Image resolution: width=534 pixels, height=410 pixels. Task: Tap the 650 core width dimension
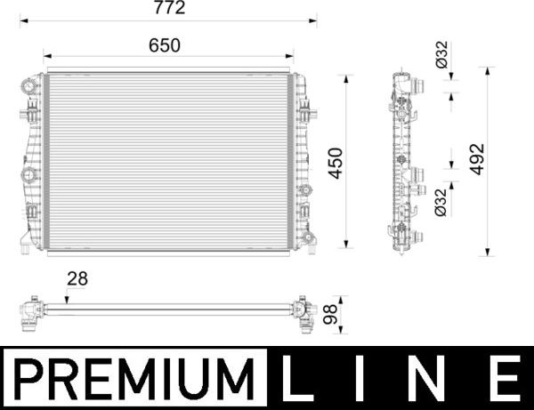click(x=165, y=44)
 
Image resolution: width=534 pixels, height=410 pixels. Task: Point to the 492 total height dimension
click(x=477, y=160)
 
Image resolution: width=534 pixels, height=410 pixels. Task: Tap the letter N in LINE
click(x=434, y=379)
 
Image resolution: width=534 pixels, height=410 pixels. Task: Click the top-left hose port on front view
click(x=28, y=86)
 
